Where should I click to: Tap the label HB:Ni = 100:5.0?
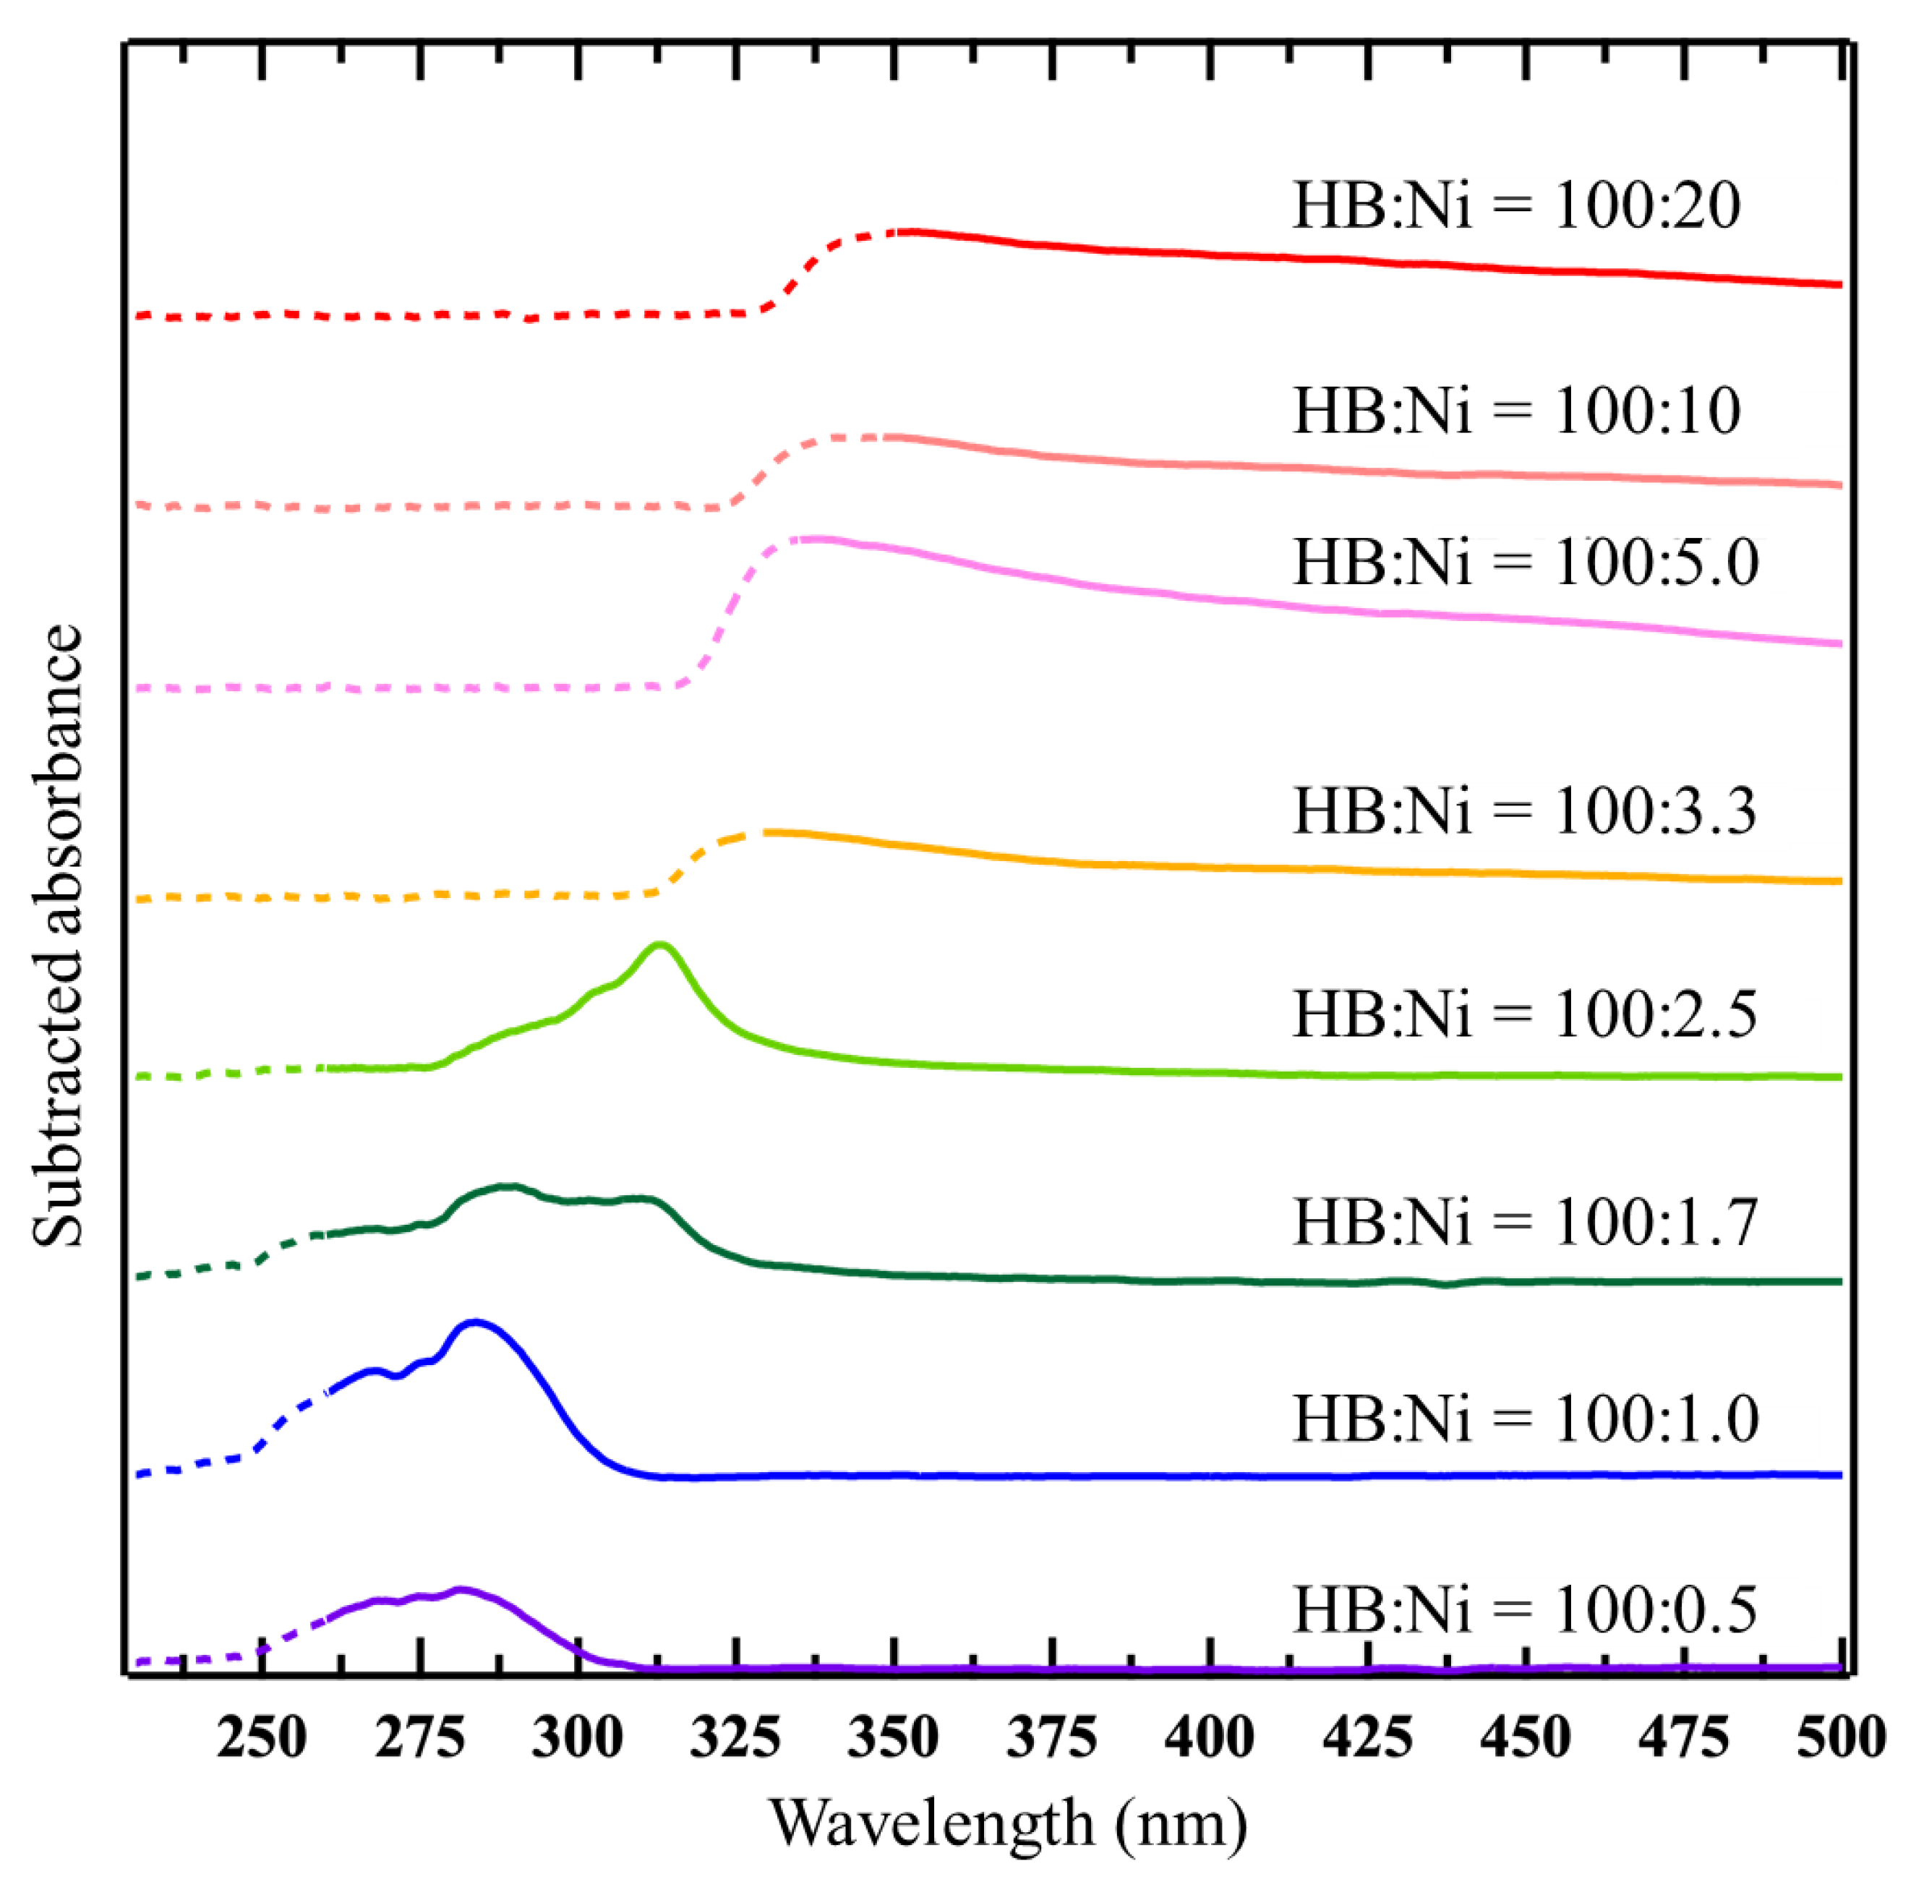coord(1526,562)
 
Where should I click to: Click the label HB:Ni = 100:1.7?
coord(1526,1222)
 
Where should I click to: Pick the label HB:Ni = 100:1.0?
coord(1526,1419)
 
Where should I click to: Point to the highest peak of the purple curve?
coord(461,1589)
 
